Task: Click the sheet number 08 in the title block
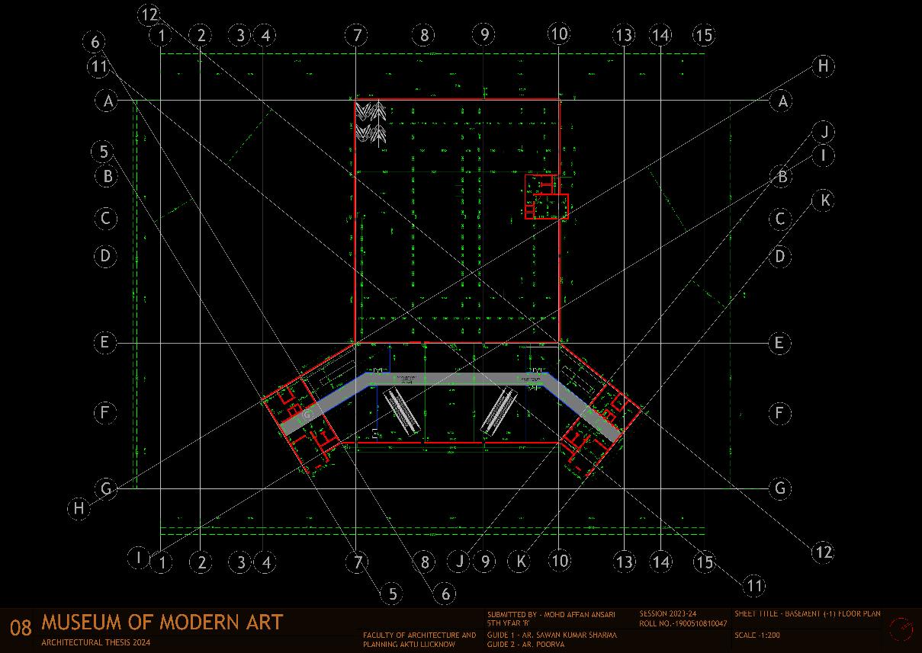pyautogui.click(x=21, y=628)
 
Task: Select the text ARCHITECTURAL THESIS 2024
pyautogui.click(x=96, y=642)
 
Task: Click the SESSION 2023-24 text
pyautogui.click(x=668, y=613)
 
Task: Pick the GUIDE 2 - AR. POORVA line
pyautogui.click(x=525, y=645)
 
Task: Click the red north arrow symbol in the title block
pyautogui.click(x=901, y=629)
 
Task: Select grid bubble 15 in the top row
pyautogui.click(x=703, y=35)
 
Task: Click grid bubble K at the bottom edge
pyautogui.click(x=521, y=562)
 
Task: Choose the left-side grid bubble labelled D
pyautogui.click(x=106, y=255)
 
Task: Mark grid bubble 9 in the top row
pyautogui.click(x=483, y=34)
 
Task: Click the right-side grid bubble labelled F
pyautogui.click(x=779, y=414)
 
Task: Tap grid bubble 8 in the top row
pyautogui.click(x=424, y=34)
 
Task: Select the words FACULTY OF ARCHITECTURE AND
pyautogui.click(x=419, y=635)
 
